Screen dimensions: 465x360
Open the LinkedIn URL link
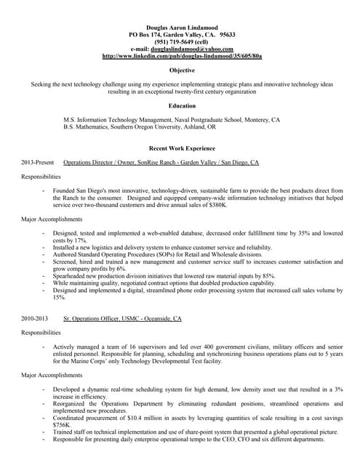[x=182, y=56]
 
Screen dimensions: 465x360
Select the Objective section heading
[x=181, y=70]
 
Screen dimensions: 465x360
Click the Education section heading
[x=181, y=106]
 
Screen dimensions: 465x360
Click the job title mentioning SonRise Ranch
[x=161, y=163]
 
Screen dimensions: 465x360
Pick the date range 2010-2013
[x=35, y=319]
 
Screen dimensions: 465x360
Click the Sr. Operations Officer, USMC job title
[x=122, y=319]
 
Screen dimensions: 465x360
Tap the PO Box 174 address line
[x=181, y=34]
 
